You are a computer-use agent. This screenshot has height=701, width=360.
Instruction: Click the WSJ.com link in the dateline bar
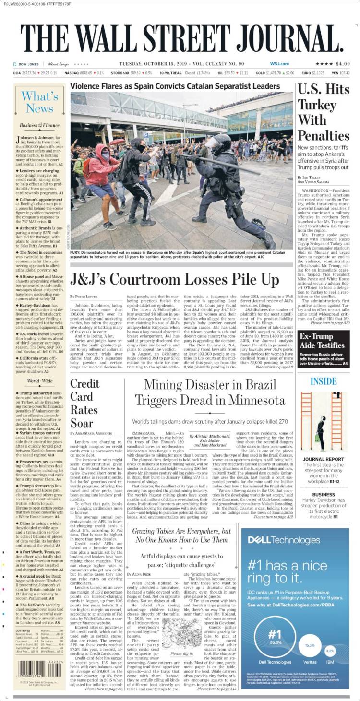click(279, 64)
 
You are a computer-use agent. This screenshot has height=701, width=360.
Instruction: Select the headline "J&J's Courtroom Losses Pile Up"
click(174, 279)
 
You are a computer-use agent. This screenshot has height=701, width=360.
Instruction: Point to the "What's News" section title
click(39, 102)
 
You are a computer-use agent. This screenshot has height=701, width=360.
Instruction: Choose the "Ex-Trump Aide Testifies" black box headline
click(323, 340)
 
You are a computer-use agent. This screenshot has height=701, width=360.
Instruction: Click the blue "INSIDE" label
click(323, 381)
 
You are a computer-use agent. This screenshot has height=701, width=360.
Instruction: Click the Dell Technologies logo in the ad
click(284, 540)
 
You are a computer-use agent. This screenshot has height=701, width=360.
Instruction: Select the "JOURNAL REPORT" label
click(324, 459)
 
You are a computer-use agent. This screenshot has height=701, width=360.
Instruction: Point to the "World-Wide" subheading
click(39, 381)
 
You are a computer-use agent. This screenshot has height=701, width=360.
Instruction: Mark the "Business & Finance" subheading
click(39, 126)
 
